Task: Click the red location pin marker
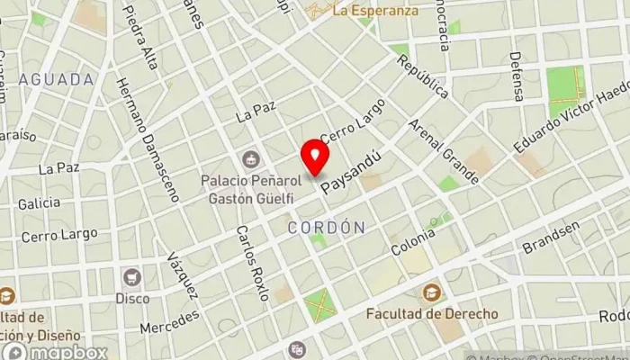315,156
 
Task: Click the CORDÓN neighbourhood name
327,228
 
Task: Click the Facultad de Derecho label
432,314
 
